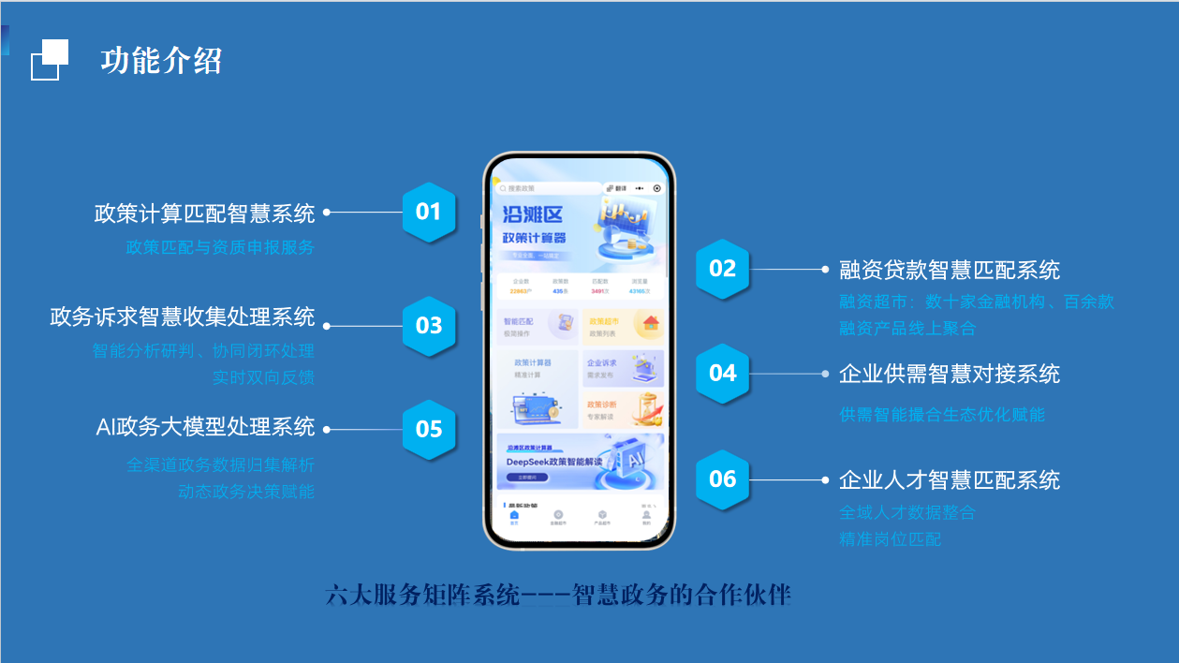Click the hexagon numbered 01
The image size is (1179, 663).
[428, 212]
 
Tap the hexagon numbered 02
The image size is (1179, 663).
[722, 269]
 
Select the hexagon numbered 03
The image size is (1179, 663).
[428, 326]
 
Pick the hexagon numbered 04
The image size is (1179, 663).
[722, 373]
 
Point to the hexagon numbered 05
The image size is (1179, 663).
[428, 430]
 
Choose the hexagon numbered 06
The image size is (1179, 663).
[722, 479]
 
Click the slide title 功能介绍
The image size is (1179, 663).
[161, 61]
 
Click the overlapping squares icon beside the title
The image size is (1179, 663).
[50, 60]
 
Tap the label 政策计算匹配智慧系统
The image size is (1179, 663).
[204, 214]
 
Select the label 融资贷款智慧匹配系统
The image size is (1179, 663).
[950, 271]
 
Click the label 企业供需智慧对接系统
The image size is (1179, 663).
[950, 375]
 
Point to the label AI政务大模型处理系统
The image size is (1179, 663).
[205, 427]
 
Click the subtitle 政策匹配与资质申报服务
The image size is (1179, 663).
[220, 247]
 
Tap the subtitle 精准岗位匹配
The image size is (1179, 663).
[890, 539]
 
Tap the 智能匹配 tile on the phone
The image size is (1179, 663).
[537, 327]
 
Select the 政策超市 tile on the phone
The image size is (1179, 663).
[622, 327]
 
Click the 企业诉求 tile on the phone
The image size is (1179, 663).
[622, 369]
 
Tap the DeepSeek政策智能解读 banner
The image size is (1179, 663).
[579, 461]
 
